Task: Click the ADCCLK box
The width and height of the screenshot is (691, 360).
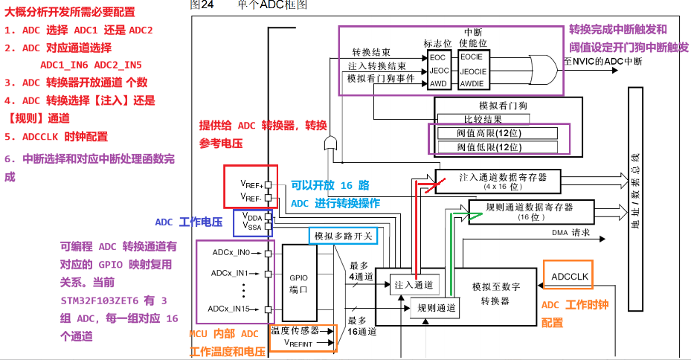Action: [x=570, y=277]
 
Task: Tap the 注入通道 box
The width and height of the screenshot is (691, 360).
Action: [x=413, y=284]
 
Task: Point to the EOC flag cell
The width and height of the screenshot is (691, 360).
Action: [x=439, y=57]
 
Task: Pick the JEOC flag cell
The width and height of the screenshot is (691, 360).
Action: [x=439, y=70]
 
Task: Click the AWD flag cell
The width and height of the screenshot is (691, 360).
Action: [x=439, y=83]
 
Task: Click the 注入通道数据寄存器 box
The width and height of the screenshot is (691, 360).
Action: [x=502, y=180]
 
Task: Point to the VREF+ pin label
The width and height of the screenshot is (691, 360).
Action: [x=251, y=182]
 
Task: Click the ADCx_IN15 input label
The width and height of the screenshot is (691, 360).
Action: [x=232, y=309]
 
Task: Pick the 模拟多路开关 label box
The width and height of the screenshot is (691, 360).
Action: [x=343, y=236]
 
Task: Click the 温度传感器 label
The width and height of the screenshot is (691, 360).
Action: [x=295, y=330]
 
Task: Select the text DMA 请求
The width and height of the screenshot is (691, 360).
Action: [x=571, y=233]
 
